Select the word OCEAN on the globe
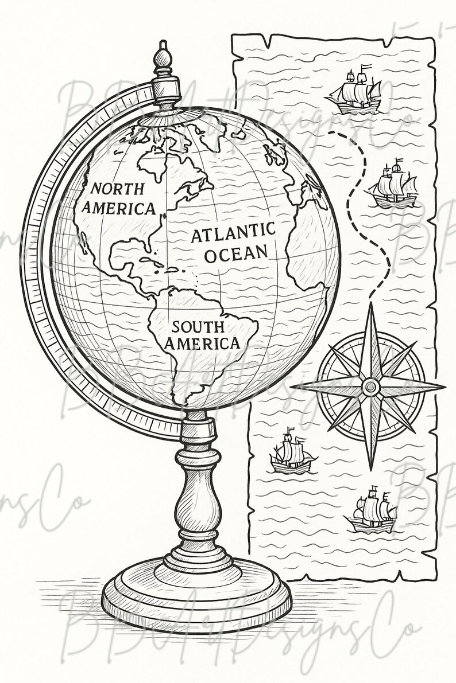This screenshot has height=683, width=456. [237, 252]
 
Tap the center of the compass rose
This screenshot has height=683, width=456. [371, 388]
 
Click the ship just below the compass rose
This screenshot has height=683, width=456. [292, 454]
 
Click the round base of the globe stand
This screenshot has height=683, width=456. [196, 591]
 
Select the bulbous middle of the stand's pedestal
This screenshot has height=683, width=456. [196, 499]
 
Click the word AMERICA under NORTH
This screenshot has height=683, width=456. [119, 208]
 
